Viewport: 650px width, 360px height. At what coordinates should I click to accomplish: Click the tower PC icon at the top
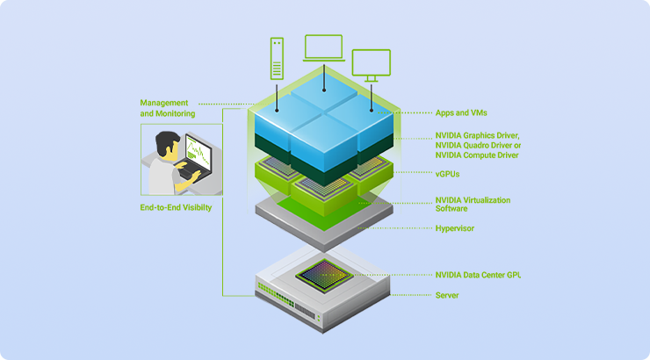(x=278, y=57)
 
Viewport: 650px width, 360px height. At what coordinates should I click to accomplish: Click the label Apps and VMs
(x=461, y=113)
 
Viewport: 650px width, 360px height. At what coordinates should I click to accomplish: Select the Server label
(x=447, y=295)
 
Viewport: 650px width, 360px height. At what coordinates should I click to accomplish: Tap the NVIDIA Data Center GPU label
(x=479, y=275)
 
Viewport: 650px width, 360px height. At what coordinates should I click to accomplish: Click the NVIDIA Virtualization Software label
(x=473, y=205)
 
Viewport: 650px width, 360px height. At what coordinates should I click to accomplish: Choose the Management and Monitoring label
(x=167, y=108)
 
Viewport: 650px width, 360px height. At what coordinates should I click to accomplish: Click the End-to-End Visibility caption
(x=176, y=208)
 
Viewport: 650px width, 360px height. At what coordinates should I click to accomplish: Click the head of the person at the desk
(x=167, y=144)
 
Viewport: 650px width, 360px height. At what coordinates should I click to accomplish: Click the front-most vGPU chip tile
(x=324, y=191)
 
